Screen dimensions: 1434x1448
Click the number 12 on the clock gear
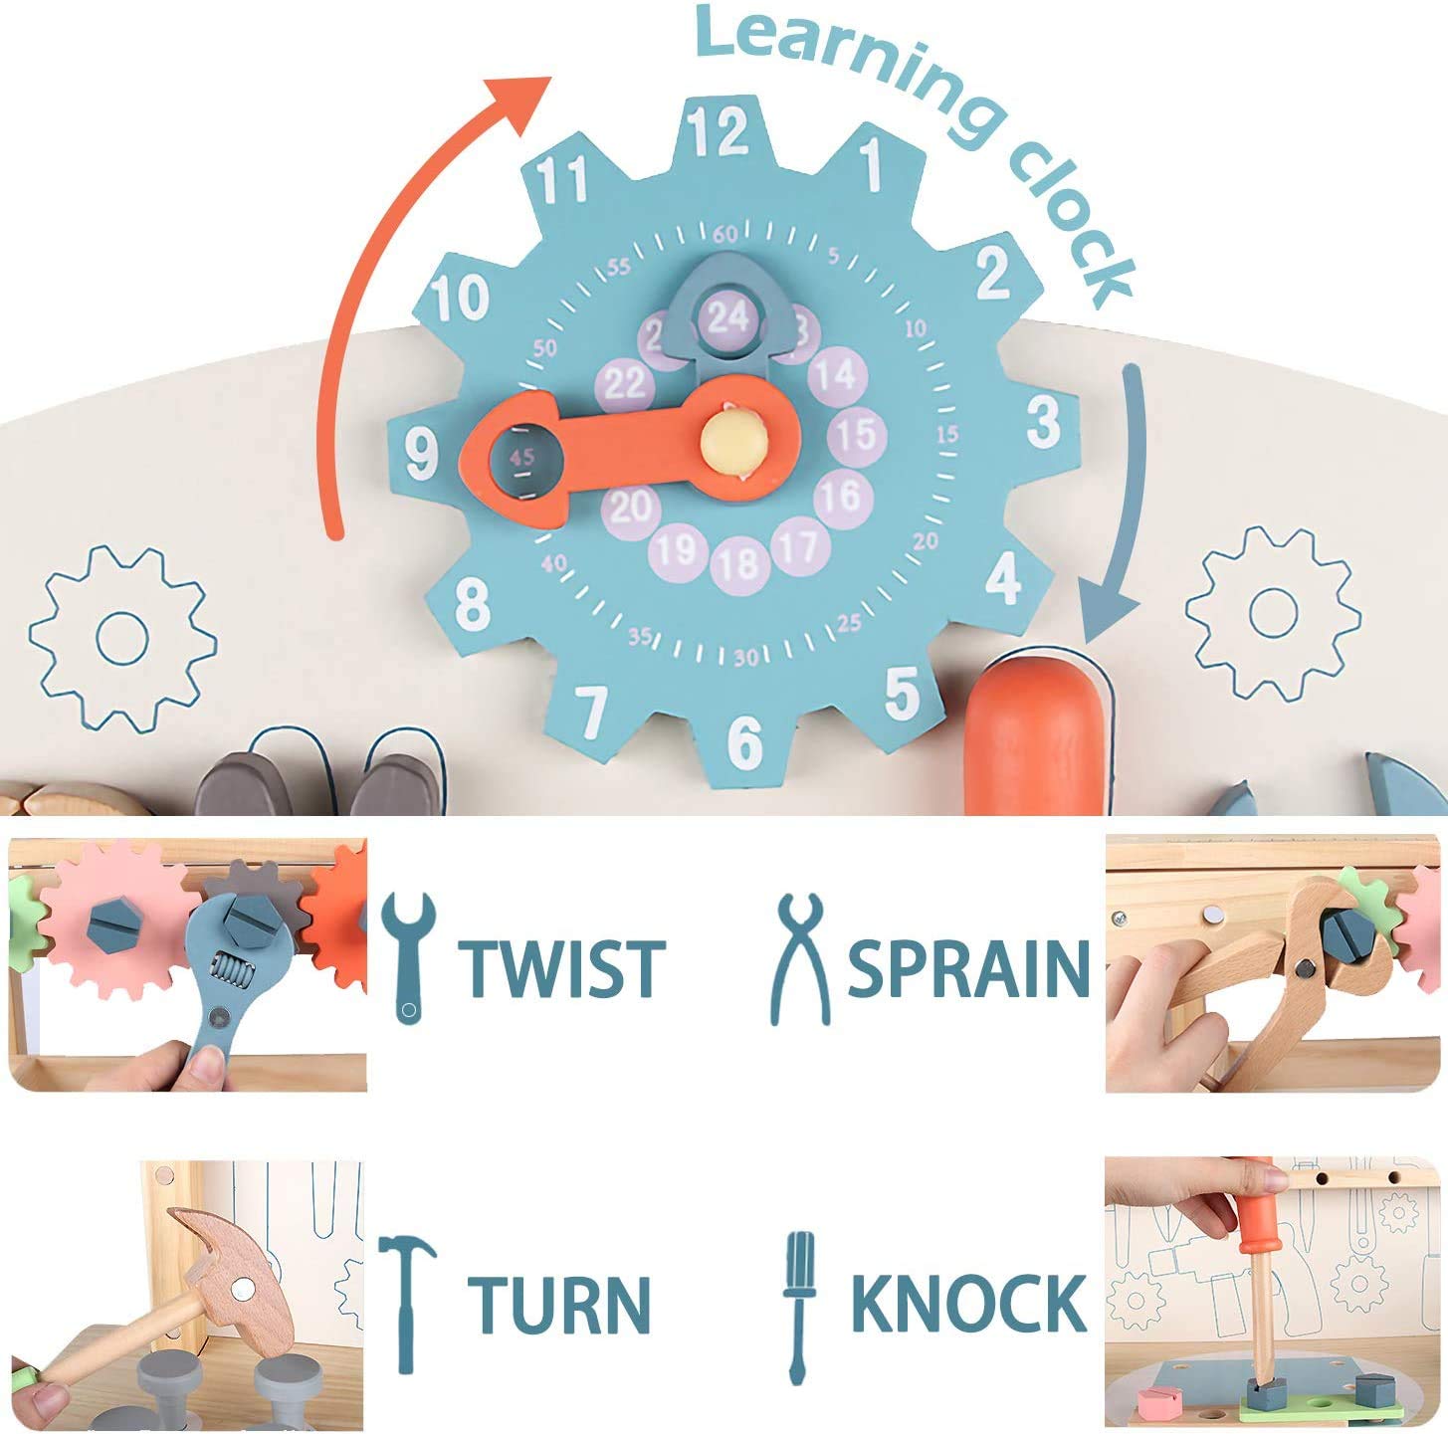(720, 132)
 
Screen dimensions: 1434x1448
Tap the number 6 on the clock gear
(744, 741)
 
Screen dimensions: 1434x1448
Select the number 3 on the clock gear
(1043, 422)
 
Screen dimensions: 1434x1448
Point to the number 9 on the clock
(422, 454)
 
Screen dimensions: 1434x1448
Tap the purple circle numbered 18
(738, 564)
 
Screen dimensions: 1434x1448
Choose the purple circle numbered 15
(856, 434)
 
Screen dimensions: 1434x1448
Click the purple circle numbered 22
(625, 383)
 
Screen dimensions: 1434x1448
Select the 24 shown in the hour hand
(727, 317)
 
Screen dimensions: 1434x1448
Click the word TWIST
(561, 967)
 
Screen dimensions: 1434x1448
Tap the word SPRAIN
(968, 967)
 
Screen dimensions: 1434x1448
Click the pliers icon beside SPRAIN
(800, 958)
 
